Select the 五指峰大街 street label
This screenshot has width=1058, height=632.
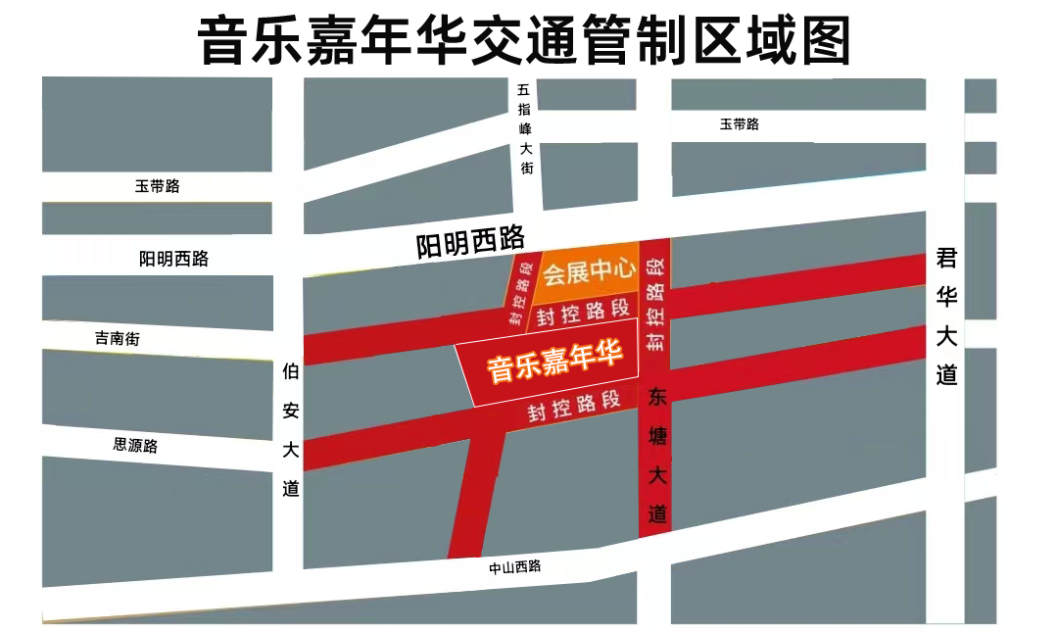525,128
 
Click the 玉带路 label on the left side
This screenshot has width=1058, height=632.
158,186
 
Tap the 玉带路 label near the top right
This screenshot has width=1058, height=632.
740,124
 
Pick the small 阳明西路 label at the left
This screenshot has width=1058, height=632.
174,259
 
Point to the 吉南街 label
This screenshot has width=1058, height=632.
118,339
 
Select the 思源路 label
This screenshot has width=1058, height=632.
135,445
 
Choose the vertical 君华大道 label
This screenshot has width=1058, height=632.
945,316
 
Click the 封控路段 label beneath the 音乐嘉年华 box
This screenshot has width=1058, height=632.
574,404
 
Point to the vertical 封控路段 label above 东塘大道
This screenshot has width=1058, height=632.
655,304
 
